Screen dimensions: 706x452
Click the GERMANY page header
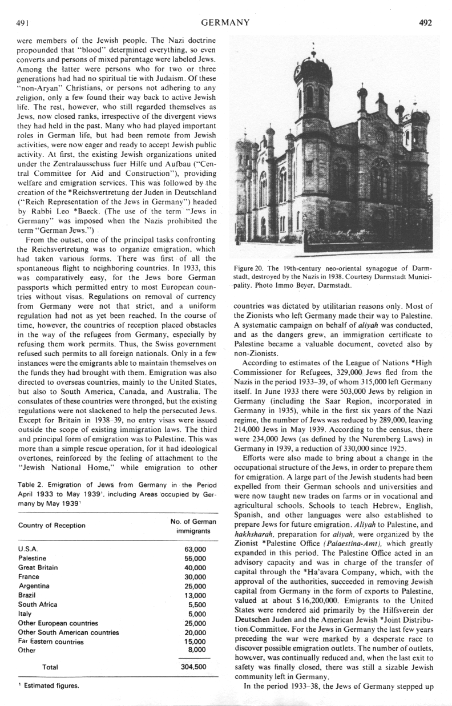pyautogui.click(x=226, y=23)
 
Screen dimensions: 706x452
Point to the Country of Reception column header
pyautogui.click(x=51, y=526)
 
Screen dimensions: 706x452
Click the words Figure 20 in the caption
pyautogui.click(x=250, y=267)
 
